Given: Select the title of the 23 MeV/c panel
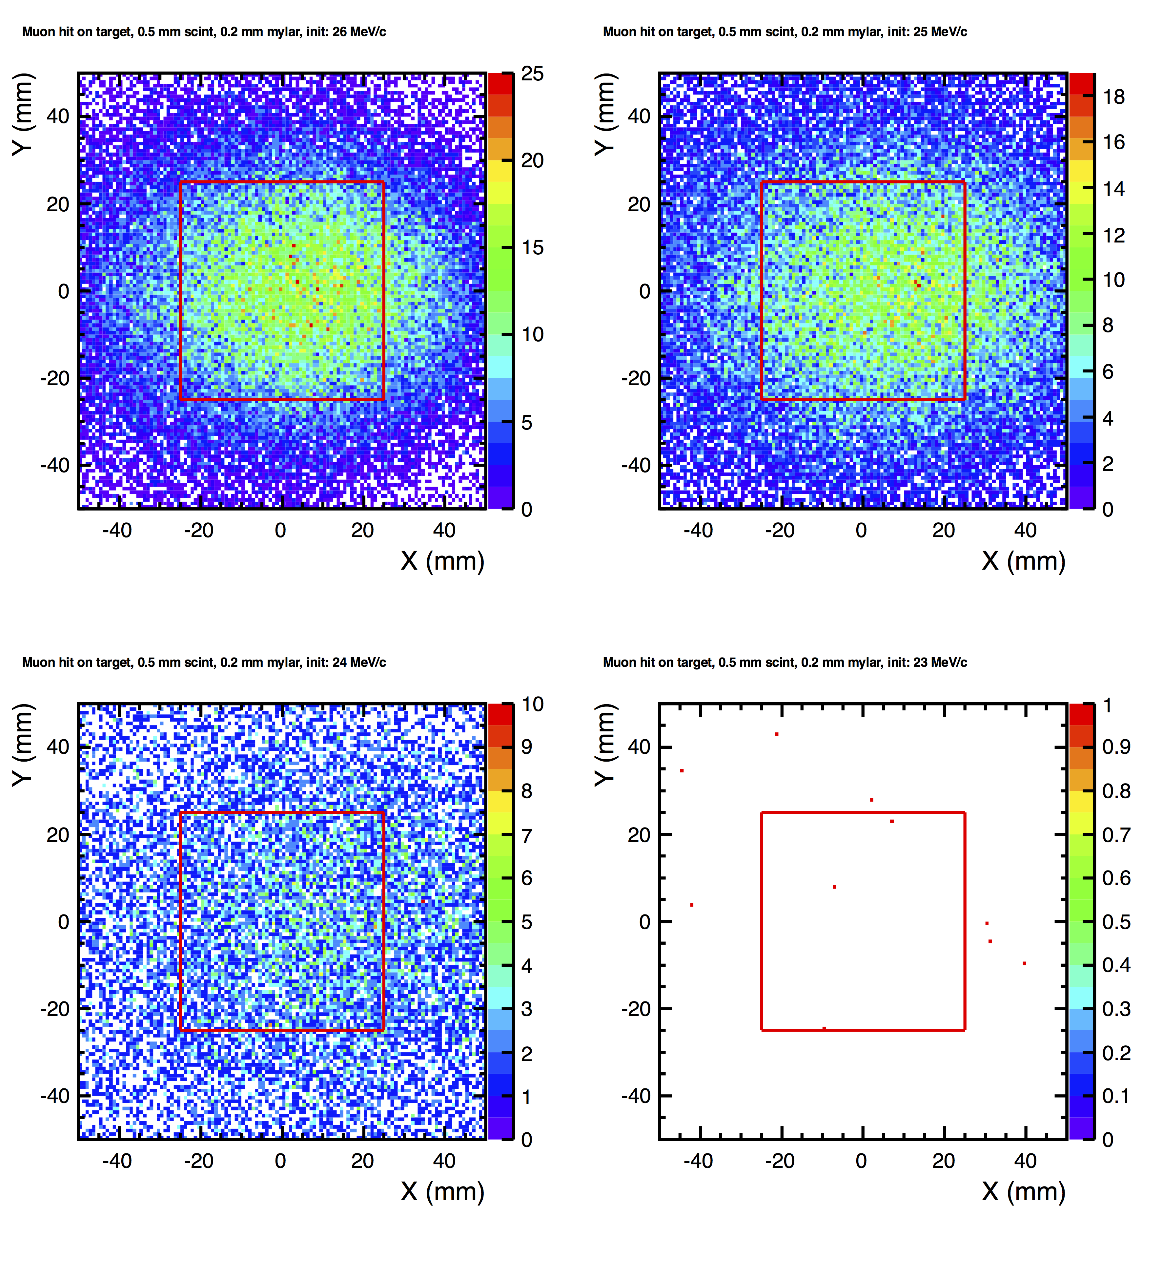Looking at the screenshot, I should [785, 662].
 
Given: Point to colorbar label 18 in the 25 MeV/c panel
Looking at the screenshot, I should [1113, 97].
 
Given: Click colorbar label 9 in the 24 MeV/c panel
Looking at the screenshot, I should [527, 747].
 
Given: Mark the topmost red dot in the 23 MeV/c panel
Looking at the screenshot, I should [777, 734].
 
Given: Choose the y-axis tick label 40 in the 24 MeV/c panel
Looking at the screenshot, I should [58, 747].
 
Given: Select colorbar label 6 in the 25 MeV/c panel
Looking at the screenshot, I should [1108, 372].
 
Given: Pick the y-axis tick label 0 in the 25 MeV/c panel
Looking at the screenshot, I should [644, 291].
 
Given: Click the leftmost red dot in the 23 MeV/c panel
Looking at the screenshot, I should [682, 770].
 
